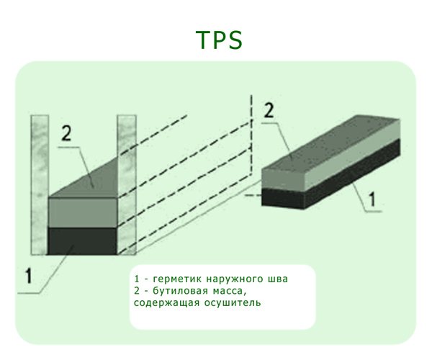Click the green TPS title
tap(219, 41)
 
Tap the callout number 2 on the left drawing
tap(65, 133)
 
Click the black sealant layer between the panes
tap(82, 241)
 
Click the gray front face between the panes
tap(82, 212)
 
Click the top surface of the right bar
tap(328, 156)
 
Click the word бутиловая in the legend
tap(180, 291)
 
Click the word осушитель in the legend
tap(230, 303)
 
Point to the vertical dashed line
tap(251, 137)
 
